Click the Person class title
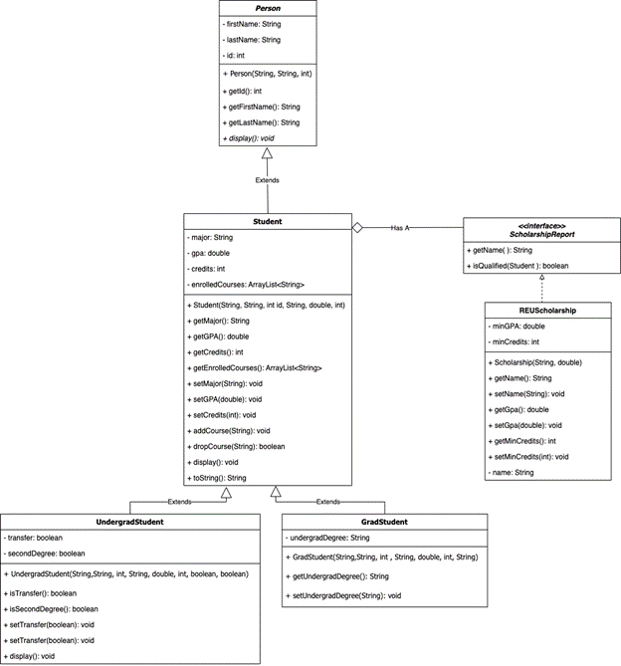coord(267,8)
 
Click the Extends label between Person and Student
coord(267,180)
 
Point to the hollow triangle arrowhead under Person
coord(267,155)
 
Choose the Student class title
coord(267,221)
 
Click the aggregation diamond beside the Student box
coord(358,227)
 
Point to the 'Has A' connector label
coord(400,227)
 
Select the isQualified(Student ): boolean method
coord(518,266)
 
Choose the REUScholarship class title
coord(540,310)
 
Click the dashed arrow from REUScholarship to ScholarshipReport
coord(540,290)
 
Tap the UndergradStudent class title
coord(129,522)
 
